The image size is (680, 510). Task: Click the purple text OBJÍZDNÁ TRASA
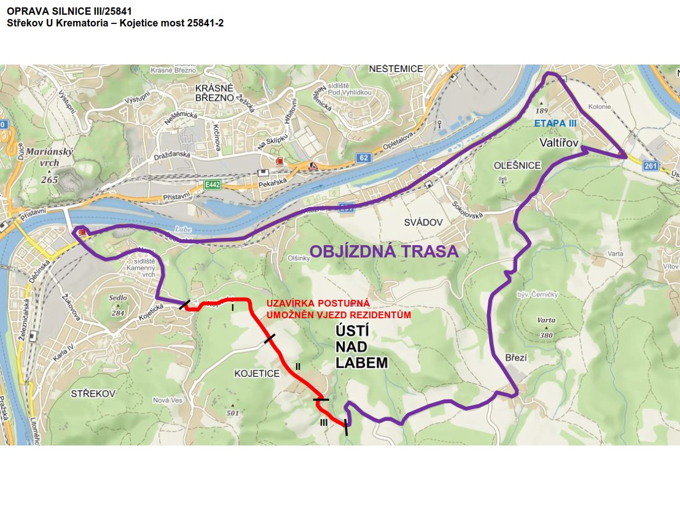[384, 251]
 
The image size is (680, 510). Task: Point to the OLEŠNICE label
[517, 165]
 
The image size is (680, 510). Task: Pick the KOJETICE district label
[257, 373]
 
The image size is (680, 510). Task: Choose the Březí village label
[517, 357]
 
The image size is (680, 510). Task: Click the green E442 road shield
[213, 184]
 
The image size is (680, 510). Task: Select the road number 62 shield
[363, 159]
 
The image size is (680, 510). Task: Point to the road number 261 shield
[651, 165]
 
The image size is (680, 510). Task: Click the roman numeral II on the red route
[297, 366]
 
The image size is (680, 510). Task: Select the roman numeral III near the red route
[324, 422]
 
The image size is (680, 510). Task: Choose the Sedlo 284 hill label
[117, 305]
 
